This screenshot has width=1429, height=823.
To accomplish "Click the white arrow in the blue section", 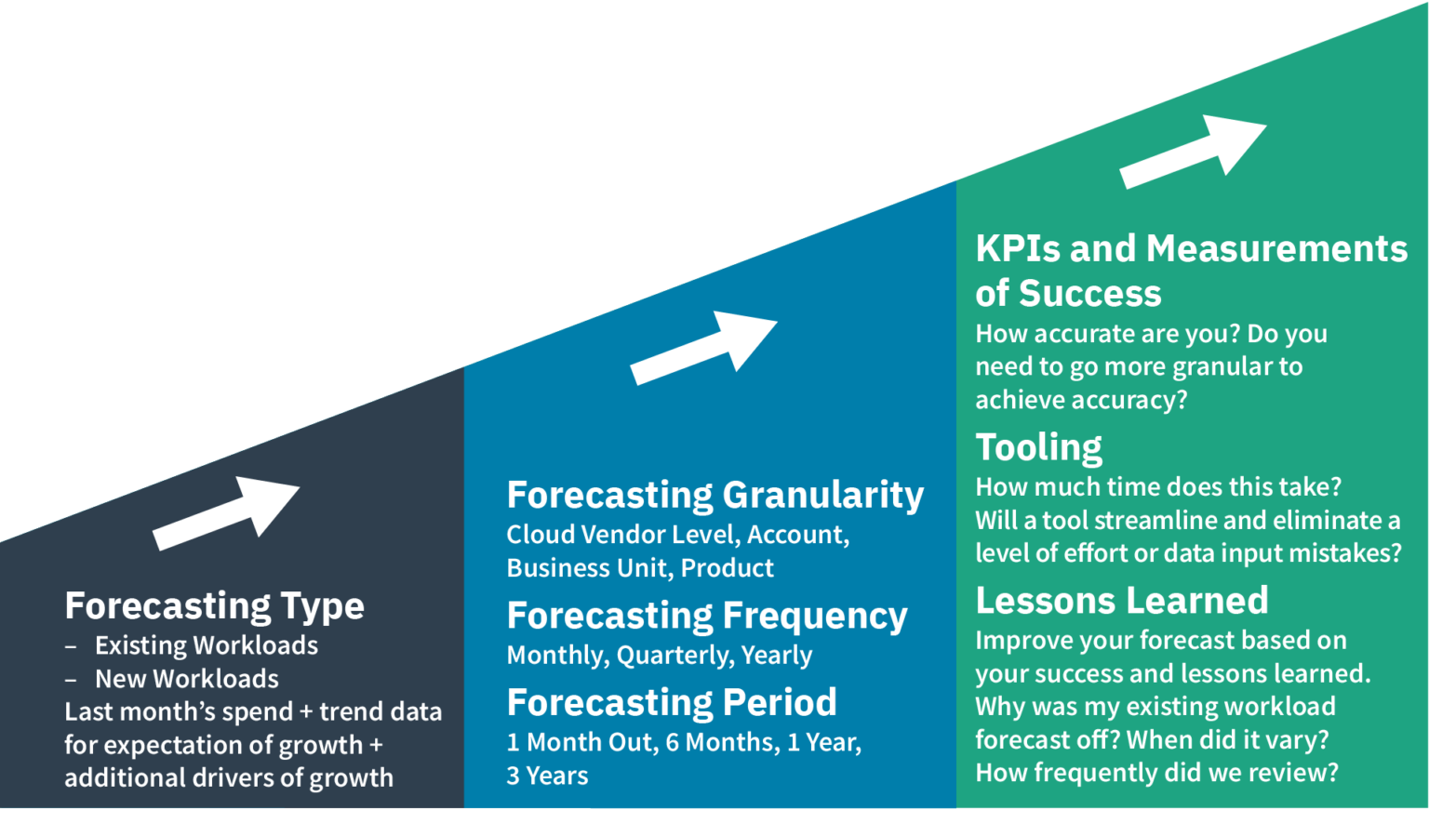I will (705, 347).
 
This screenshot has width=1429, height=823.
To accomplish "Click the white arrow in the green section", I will (1194, 152).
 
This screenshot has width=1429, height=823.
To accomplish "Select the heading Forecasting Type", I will (214, 606).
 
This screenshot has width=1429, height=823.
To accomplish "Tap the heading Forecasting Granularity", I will (714, 496).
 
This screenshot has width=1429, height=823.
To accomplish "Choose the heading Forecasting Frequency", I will (706, 617).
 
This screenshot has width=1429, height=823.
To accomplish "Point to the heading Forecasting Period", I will (671, 703).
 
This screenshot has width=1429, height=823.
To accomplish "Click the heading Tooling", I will (1038, 448).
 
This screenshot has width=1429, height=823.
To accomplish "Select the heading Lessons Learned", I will (1121, 602).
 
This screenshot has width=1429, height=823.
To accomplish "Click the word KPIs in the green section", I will (1019, 249).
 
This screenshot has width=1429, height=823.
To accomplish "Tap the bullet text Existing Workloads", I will (206, 646).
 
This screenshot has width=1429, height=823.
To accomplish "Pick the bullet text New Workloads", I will (186, 680).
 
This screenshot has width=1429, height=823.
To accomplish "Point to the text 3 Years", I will (547, 777).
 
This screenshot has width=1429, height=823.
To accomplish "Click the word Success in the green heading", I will (1090, 295).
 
